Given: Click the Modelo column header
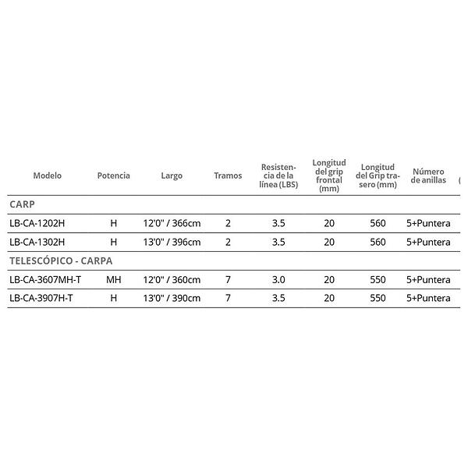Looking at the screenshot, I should pos(47,176).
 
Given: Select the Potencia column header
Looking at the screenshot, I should pos(113,176).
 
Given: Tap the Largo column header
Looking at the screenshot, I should pos(172,176).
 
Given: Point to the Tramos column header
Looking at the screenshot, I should pos(228,176).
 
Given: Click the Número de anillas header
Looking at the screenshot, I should pos(428,176).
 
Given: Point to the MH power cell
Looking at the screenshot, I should pos(113,279).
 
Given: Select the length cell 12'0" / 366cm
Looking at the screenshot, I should pos(172,223).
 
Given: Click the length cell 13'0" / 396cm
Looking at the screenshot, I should pos(172,242).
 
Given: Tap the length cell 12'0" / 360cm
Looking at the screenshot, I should pos(172,279).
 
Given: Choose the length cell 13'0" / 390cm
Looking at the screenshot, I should pos(172,298).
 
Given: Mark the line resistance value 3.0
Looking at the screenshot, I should pos(278,279).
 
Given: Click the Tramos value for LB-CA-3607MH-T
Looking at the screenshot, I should pos(228,279).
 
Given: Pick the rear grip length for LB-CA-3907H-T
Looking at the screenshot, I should pos(378,298).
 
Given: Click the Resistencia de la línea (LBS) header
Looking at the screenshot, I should pos(278,176).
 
